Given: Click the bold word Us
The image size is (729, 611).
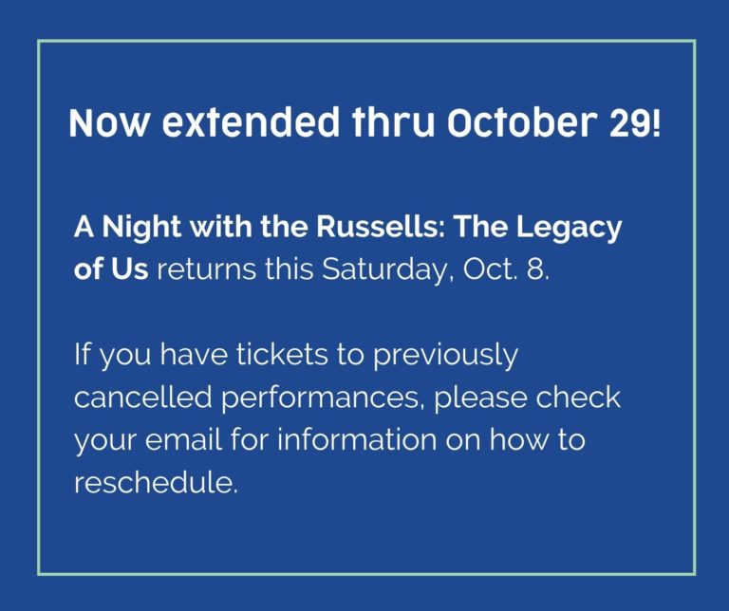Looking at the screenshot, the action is tap(130, 269).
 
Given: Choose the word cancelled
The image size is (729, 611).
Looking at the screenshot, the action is tap(143, 398).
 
